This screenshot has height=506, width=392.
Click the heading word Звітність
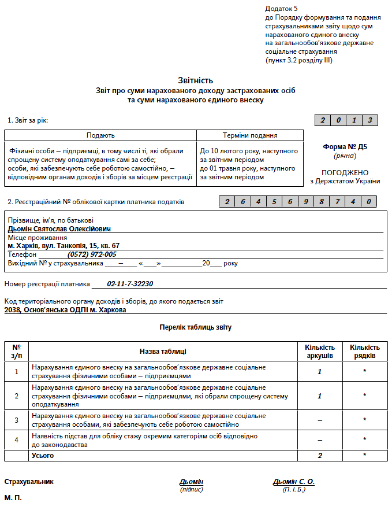pyautogui.click(x=196, y=80)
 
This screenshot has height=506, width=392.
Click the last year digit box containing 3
pyautogui.click(x=370, y=120)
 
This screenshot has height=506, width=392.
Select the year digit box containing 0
pyautogui.click(x=339, y=120)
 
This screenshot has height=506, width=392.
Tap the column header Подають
pyautogui.click(x=100, y=135)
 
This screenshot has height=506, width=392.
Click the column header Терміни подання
pyautogui.click(x=250, y=135)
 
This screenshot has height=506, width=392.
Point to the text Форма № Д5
pyautogui.click(x=345, y=147)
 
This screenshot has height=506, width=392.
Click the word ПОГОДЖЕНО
pyautogui.click(x=345, y=172)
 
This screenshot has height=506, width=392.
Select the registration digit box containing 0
pyautogui.click(x=369, y=202)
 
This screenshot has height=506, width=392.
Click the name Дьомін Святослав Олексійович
pyautogui.click(x=59, y=228)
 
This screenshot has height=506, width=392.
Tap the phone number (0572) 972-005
pyautogui.click(x=92, y=254)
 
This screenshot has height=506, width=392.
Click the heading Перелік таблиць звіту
pyautogui.click(x=196, y=327)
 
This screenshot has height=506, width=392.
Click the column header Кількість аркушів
pyautogui.click(x=319, y=352)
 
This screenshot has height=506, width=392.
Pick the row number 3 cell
pyautogui.click(x=16, y=420)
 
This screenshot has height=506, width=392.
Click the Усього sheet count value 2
pyautogui.click(x=319, y=456)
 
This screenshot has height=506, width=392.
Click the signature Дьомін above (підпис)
pyautogui.click(x=191, y=482)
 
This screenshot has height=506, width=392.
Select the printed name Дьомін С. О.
pyautogui.click(x=293, y=482)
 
